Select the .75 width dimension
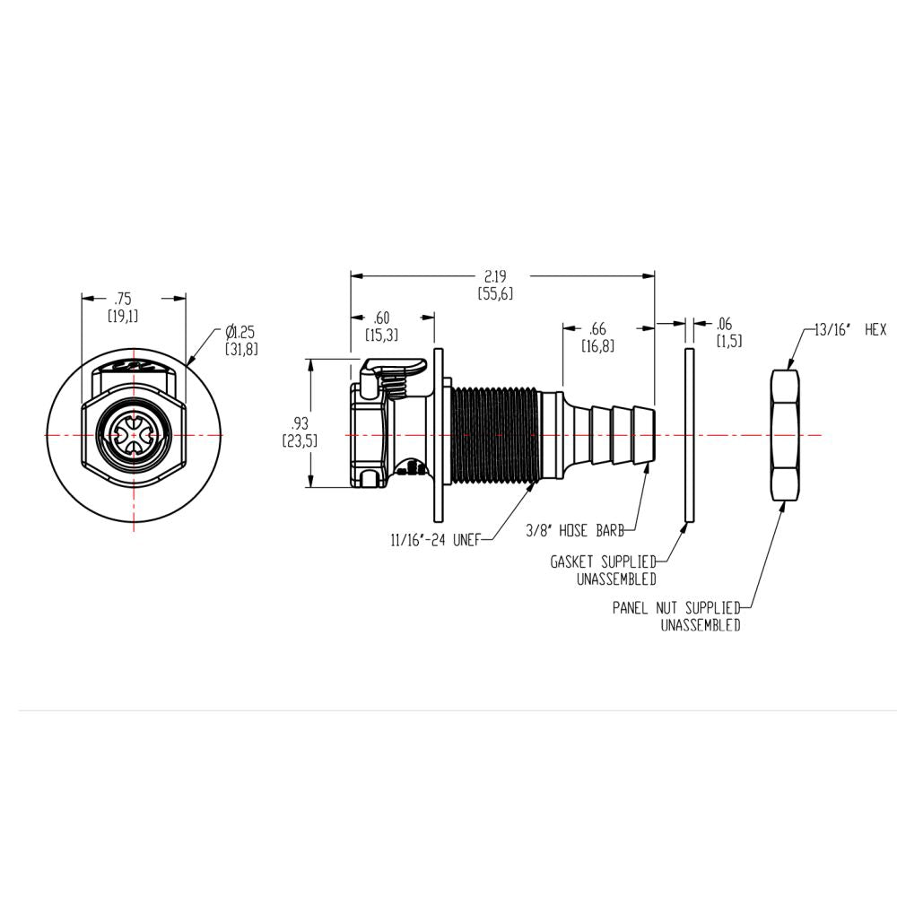123,307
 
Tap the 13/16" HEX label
849,330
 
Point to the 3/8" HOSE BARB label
575,531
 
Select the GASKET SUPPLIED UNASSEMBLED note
602,570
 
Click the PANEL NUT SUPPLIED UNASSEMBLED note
676,616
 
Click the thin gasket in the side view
689,435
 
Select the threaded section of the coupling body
493,435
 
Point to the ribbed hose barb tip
619,435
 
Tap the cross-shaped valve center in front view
134,436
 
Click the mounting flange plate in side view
439,435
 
